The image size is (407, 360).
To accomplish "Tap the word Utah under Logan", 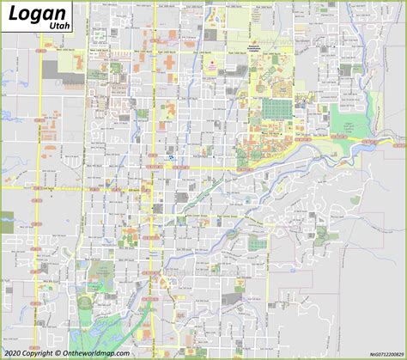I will pyautogui.click(x=61, y=27).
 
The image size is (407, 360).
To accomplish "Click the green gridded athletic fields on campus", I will pyautogui.click(x=276, y=108).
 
